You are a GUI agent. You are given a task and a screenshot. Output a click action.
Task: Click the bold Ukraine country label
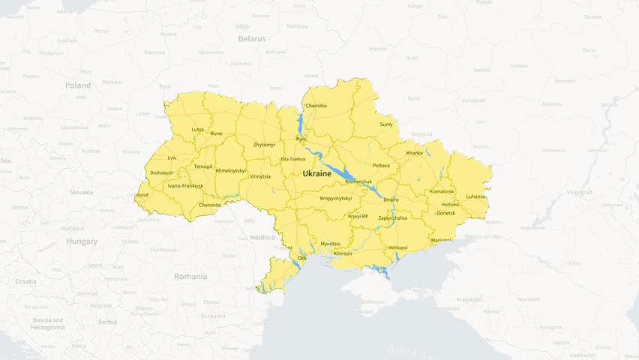click(x=316, y=173)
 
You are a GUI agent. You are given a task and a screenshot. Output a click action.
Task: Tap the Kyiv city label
click(x=301, y=139)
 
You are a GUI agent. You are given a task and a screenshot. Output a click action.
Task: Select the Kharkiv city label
click(x=415, y=153)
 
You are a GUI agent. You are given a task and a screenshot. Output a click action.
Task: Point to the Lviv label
click(x=172, y=157)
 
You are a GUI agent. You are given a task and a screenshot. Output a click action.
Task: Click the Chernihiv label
click(x=316, y=106)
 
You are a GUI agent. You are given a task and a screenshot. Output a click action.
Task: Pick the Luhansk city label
click(x=475, y=196)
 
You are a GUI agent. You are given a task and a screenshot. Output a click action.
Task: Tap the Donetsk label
click(x=445, y=213)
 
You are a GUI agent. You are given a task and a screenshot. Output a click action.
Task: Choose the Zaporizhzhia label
click(x=393, y=217)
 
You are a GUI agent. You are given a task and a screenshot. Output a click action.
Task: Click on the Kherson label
click(x=342, y=253)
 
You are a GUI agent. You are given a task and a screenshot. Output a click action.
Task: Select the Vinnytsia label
click(x=259, y=176)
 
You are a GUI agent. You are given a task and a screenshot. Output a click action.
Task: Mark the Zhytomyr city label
click(x=264, y=144)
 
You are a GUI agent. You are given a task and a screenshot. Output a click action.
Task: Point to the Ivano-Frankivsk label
click(x=185, y=185)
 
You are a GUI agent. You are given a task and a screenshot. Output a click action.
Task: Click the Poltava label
click(x=381, y=165)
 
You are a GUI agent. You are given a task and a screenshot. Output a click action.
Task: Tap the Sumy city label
click(x=386, y=124)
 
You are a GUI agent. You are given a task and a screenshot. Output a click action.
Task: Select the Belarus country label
click(x=252, y=38)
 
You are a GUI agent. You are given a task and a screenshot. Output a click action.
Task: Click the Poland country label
click(x=78, y=85)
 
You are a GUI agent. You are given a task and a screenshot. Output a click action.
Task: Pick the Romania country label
click(x=190, y=276)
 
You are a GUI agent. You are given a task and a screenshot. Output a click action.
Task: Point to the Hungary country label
click(x=82, y=241)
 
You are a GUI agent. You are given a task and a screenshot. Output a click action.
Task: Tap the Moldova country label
click(x=262, y=237)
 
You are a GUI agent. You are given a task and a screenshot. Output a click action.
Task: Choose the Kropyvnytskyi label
click(x=336, y=199)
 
